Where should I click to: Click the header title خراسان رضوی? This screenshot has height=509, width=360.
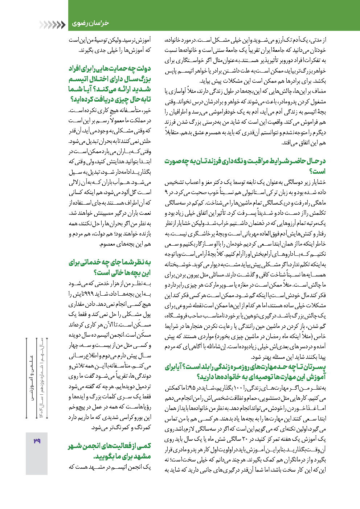(x=90, y=24)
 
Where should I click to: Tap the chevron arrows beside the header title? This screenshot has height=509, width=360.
(x=52, y=25)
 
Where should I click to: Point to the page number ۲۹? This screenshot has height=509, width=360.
(x=37, y=441)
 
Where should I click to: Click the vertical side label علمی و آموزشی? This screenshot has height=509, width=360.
(x=32, y=379)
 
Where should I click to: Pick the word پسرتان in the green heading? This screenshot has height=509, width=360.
(x=316, y=367)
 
